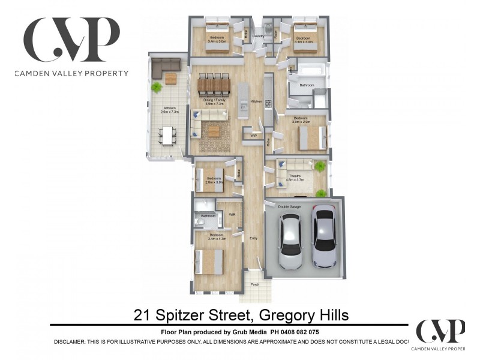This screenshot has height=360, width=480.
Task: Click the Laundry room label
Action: tap(259, 37)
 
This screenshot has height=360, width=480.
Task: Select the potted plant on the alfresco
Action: tap(157, 87)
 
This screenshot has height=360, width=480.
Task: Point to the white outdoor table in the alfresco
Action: tap(168, 136)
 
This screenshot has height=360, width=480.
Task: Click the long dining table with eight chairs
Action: tap(214, 85)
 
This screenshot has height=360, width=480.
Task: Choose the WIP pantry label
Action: tap(254, 136)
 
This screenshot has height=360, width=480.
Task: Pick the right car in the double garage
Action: tap(324, 236)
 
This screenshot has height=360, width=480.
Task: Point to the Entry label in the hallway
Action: tap(254, 238)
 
